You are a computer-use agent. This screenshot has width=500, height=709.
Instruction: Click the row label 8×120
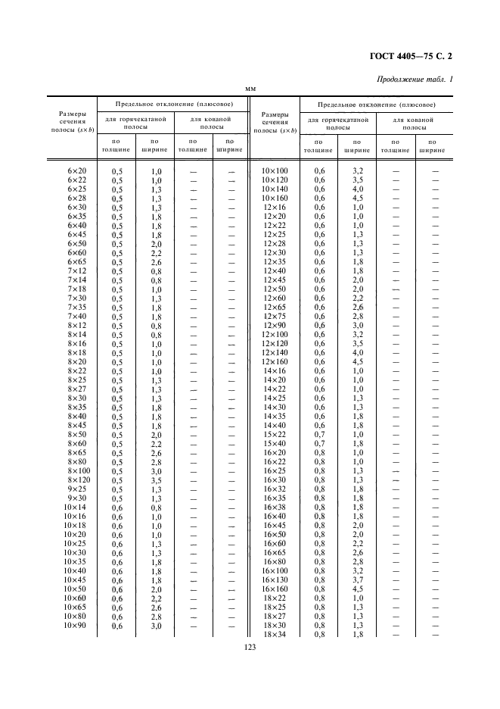pyautogui.click(x=79, y=480)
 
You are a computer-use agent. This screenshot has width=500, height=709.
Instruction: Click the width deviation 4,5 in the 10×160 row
pyautogui.click(x=358, y=198)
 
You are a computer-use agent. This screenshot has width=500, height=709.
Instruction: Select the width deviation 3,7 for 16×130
pyautogui.click(x=358, y=579)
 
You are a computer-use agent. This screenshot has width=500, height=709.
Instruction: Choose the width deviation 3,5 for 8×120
pyautogui.click(x=156, y=480)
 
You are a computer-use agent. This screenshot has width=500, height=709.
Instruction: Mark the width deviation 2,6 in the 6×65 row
pyautogui.click(x=156, y=262)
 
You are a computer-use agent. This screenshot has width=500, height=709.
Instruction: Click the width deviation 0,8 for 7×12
pyautogui.click(x=156, y=271)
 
